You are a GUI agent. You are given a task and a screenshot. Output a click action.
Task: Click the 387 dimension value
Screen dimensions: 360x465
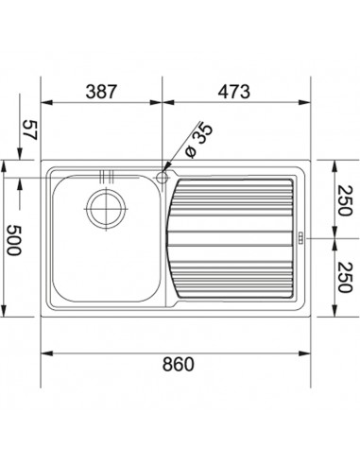(x=101, y=92)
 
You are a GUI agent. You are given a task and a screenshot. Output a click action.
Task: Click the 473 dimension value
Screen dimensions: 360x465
(x=234, y=92)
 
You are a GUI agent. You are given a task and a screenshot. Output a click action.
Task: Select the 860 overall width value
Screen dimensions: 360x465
(x=179, y=364)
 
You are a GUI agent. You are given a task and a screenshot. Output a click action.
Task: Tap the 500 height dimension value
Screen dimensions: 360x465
(x=14, y=240)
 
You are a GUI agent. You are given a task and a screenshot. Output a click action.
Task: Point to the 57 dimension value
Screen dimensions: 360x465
(x=30, y=129)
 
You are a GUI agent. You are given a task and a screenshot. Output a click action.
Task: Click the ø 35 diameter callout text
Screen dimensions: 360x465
(x=199, y=140)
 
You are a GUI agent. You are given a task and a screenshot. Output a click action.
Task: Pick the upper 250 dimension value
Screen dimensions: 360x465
(x=344, y=200)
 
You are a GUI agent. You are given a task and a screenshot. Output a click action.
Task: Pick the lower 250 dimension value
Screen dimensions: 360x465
(x=344, y=277)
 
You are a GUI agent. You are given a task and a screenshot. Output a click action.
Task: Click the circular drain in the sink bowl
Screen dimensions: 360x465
(x=106, y=209)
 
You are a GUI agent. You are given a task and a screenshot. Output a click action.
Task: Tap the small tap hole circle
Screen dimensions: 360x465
(x=163, y=178)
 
